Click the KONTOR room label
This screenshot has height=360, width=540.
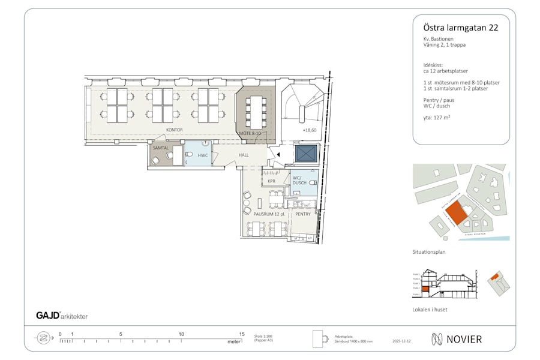click(174, 130)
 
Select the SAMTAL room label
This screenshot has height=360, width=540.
click(161, 148)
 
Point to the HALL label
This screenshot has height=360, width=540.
click(244, 155)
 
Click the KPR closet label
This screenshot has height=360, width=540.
click(271, 181)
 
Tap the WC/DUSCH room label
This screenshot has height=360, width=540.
click(299, 181)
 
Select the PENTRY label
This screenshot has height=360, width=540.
click(303, 214)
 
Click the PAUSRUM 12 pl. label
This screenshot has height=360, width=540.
click(268, 214)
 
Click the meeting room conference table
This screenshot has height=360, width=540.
click(256, 112)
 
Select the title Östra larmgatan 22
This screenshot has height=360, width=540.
click(456, 27)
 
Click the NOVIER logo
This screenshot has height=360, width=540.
click(456, 339)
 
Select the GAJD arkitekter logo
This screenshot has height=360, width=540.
click(62, 316)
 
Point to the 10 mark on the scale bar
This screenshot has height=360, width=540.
click(181, 335)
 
